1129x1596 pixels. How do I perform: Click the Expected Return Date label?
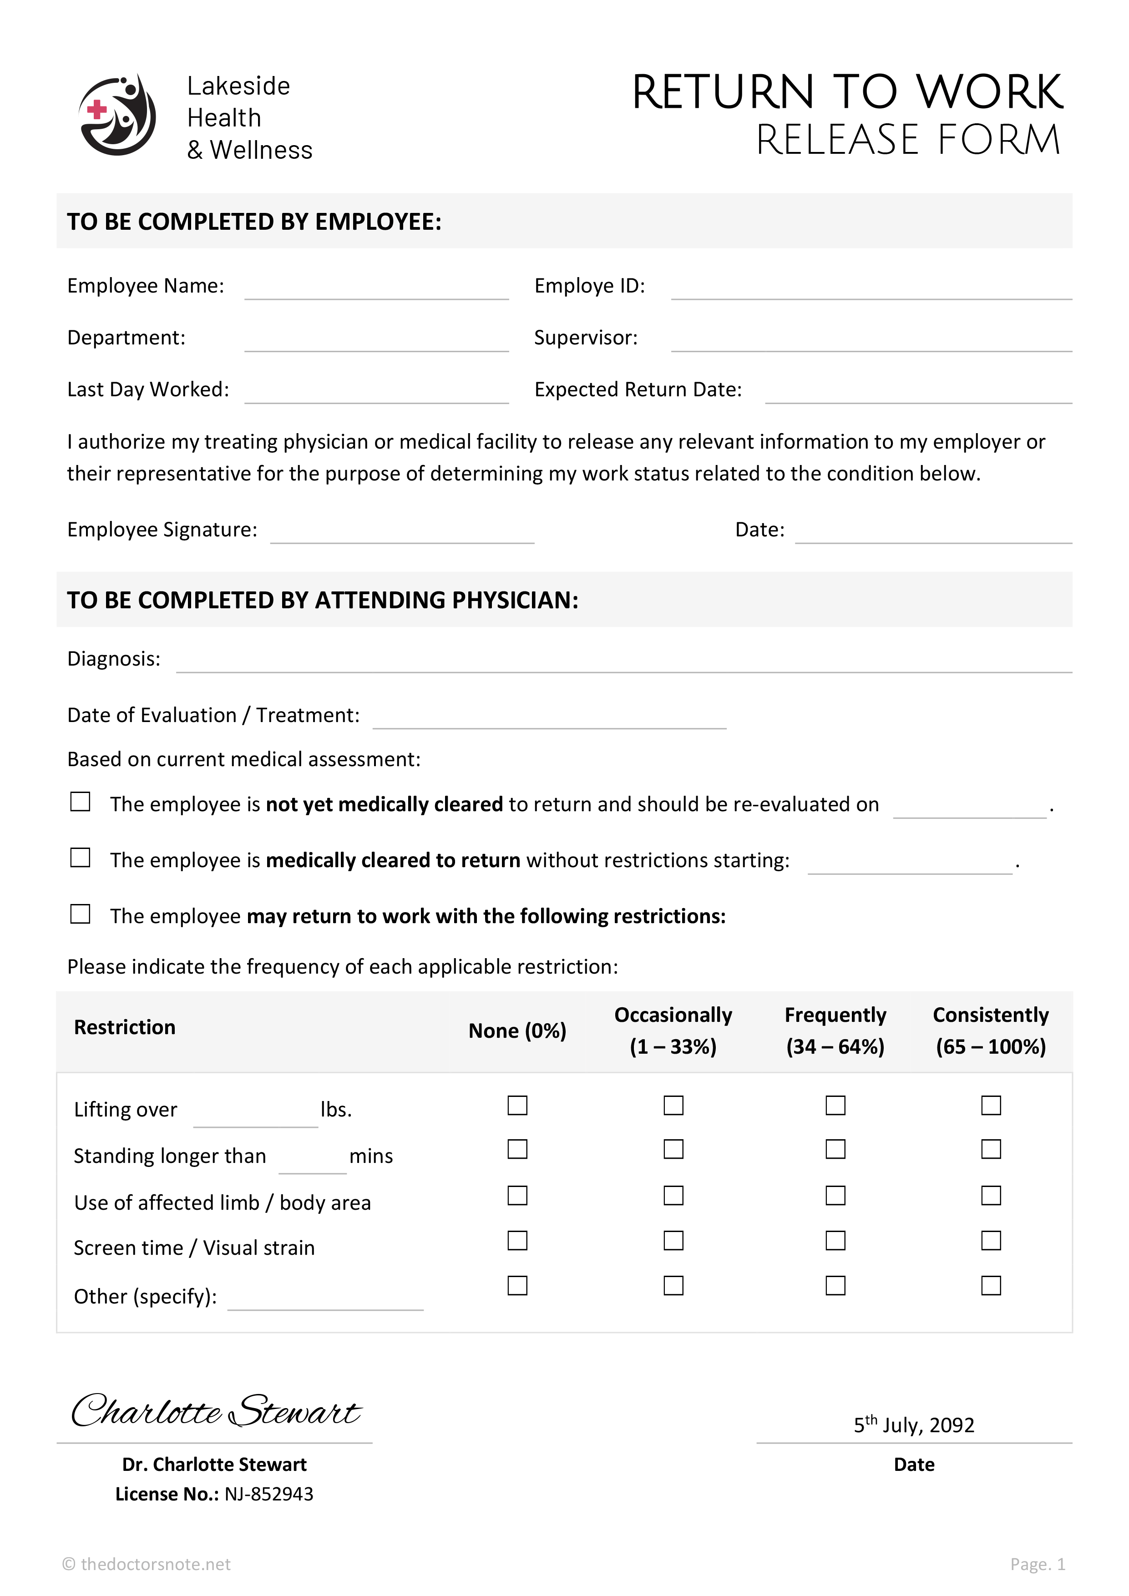tap(638, 389)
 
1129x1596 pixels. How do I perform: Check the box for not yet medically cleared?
tap(81, 802)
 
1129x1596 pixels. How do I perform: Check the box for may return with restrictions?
tap(81, 914)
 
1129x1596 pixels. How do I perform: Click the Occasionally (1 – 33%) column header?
tap(673, 1030)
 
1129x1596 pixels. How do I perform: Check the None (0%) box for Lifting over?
tap(517, 1105)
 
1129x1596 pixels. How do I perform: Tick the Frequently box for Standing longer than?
tap(835, 1149)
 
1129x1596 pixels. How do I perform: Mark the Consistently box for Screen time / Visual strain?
tap(991, 1240)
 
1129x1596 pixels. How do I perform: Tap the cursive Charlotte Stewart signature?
tap(216, 1411)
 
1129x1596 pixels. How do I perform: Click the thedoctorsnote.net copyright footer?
tap(147, 1564)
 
